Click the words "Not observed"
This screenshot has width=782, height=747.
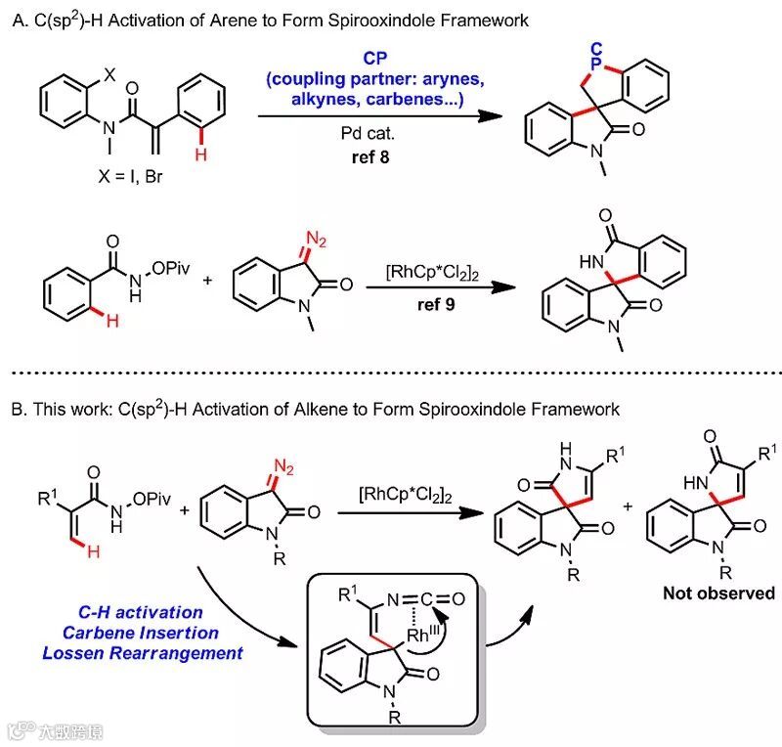[x=718, y=593]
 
